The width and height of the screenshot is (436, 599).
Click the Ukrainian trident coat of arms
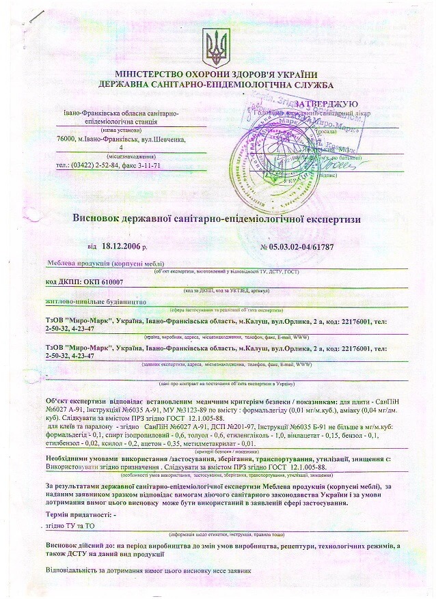coord(216,46)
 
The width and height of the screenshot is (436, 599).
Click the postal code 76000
coord(66,139)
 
